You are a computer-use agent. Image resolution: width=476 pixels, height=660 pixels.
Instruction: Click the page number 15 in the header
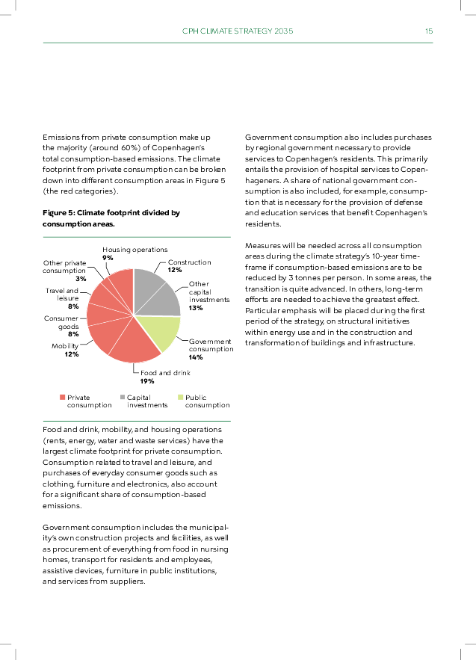click(x=429, y=31)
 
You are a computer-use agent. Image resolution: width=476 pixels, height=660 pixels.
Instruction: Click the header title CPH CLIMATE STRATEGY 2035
click(x=238, y=31)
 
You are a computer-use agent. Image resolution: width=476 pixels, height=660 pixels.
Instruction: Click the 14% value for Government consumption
click(x=196, y=357)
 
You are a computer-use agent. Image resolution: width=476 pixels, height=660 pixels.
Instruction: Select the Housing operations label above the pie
click(x=135, y=249)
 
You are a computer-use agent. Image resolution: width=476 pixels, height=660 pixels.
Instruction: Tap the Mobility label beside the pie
click(x=65, y=346)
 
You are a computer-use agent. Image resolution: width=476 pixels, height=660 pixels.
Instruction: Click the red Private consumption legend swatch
click(x=62, y=398)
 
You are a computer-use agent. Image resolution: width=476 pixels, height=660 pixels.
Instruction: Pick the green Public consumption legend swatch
click(x=180, y=398)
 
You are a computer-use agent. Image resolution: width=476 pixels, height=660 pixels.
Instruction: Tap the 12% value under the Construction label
click(x=175, y=270)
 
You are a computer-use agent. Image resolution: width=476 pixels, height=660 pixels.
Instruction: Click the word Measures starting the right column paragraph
click(x=262, y=245)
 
